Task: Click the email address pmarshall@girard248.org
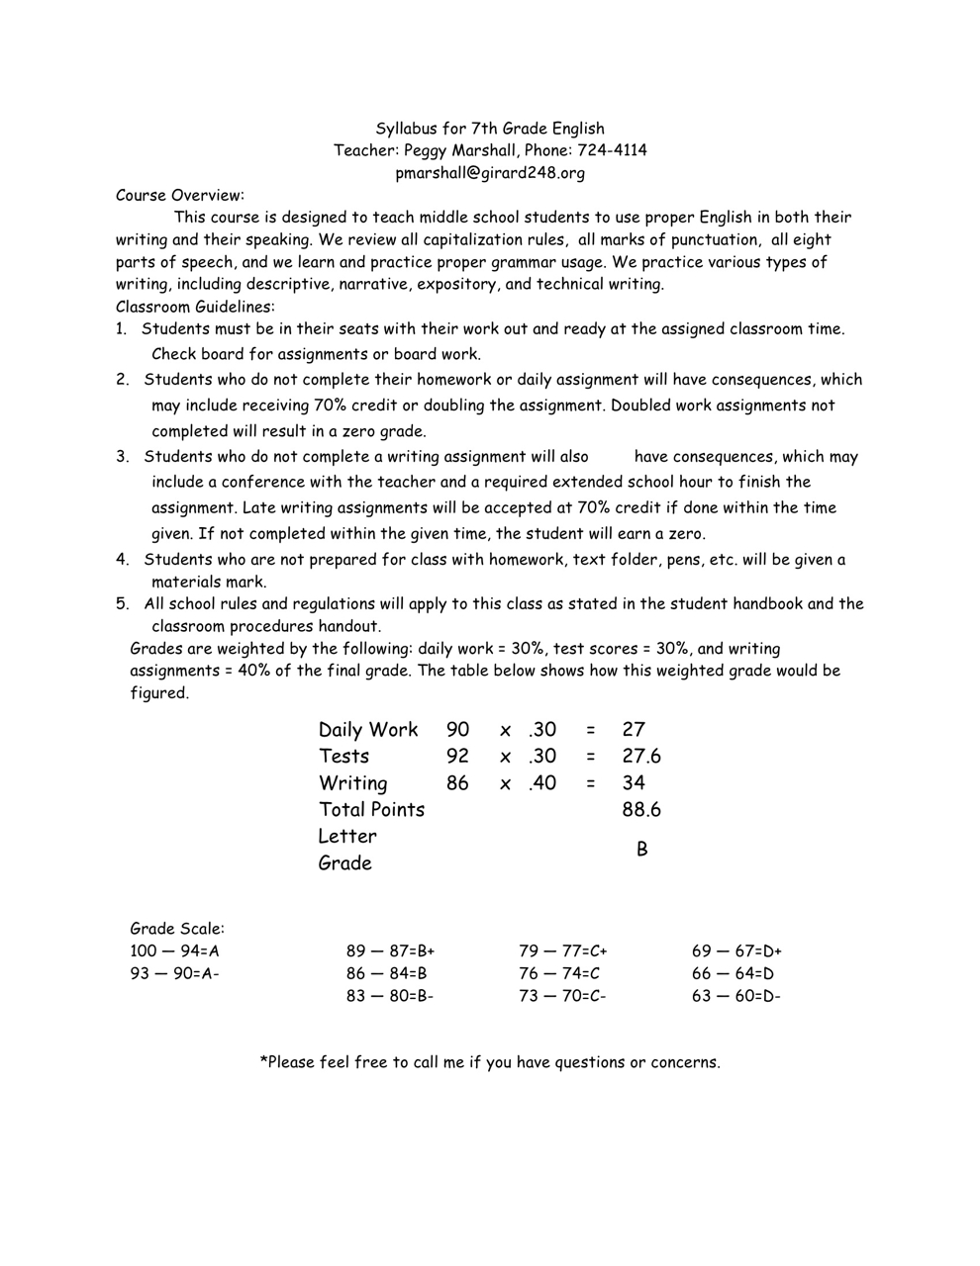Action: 490,173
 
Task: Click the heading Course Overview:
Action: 179,195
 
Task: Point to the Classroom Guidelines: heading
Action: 195,307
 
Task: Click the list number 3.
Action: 122,457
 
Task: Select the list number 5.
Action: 122,603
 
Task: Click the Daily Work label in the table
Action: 368,730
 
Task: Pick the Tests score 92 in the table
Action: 457,757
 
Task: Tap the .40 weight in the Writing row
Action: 541,783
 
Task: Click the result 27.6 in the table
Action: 641,757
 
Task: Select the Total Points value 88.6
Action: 641,810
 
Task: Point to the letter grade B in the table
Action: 642,850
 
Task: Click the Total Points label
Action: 371,810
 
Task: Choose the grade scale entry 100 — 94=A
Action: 174,951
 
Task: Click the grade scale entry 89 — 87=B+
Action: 390,951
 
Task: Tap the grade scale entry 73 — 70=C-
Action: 562,996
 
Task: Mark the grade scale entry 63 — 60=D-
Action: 735,996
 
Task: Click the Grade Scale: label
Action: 177,929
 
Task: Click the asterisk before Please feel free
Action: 263,1061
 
